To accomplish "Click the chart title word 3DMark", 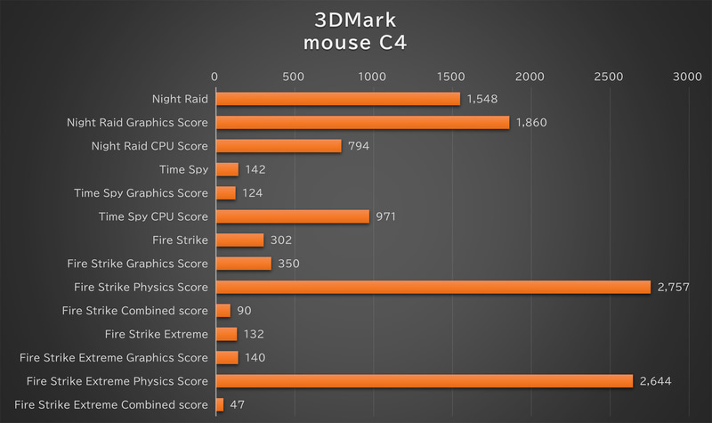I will pyautogui.click(x=356, y=20).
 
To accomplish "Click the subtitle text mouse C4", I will pyautogui.click(x=356, y=43).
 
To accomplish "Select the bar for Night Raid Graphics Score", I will pyautogui.click(x=362, y=122).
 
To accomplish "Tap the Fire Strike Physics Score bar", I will pyautogui.click(x=433, y=287).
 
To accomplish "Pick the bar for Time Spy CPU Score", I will pyautogui.click(x=292, y=216).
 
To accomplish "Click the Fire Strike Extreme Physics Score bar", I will pyautogui.click(x=424, y=381).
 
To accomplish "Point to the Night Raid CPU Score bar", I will pyautogui.click(x=279, y=145).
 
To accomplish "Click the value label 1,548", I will pyautogui.click(x=482, y=99).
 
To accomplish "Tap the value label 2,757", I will pyautogui.click(x=673, y=287).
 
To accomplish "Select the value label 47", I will pyautogui.click(x=238, y=404).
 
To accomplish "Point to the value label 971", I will pyautogui.click(x=385, y=216).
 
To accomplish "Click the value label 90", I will pyautogui.click(x=245, y=310).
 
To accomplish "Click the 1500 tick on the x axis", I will pyautogui.click(x=452, y=78).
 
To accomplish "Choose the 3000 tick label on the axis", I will pyautogui.click(x=688, y=78).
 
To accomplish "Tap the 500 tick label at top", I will pyautogui.click(x=294, y=78).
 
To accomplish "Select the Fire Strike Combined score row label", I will pyautogui.click(x=135, y=310).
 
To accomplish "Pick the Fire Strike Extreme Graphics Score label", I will pyautogui.click(x=113, y=357).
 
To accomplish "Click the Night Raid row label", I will pyautogui.click(x=181, y=99).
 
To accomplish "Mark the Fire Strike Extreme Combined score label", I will pyautogui.click(x=111, y=404).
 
